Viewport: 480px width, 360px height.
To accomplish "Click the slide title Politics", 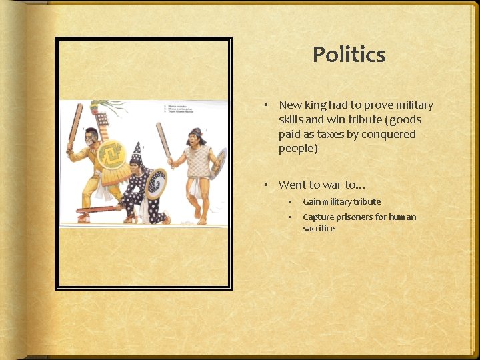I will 349,55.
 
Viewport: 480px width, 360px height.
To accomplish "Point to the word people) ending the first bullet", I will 298,148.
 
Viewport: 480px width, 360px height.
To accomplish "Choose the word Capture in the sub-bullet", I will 318,217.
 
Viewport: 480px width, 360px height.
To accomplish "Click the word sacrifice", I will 319,228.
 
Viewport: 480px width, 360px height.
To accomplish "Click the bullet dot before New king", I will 265,105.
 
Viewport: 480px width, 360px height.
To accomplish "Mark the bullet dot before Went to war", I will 265,185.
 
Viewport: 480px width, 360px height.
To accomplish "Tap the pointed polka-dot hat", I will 137,153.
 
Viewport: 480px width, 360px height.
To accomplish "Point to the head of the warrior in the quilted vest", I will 195,138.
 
